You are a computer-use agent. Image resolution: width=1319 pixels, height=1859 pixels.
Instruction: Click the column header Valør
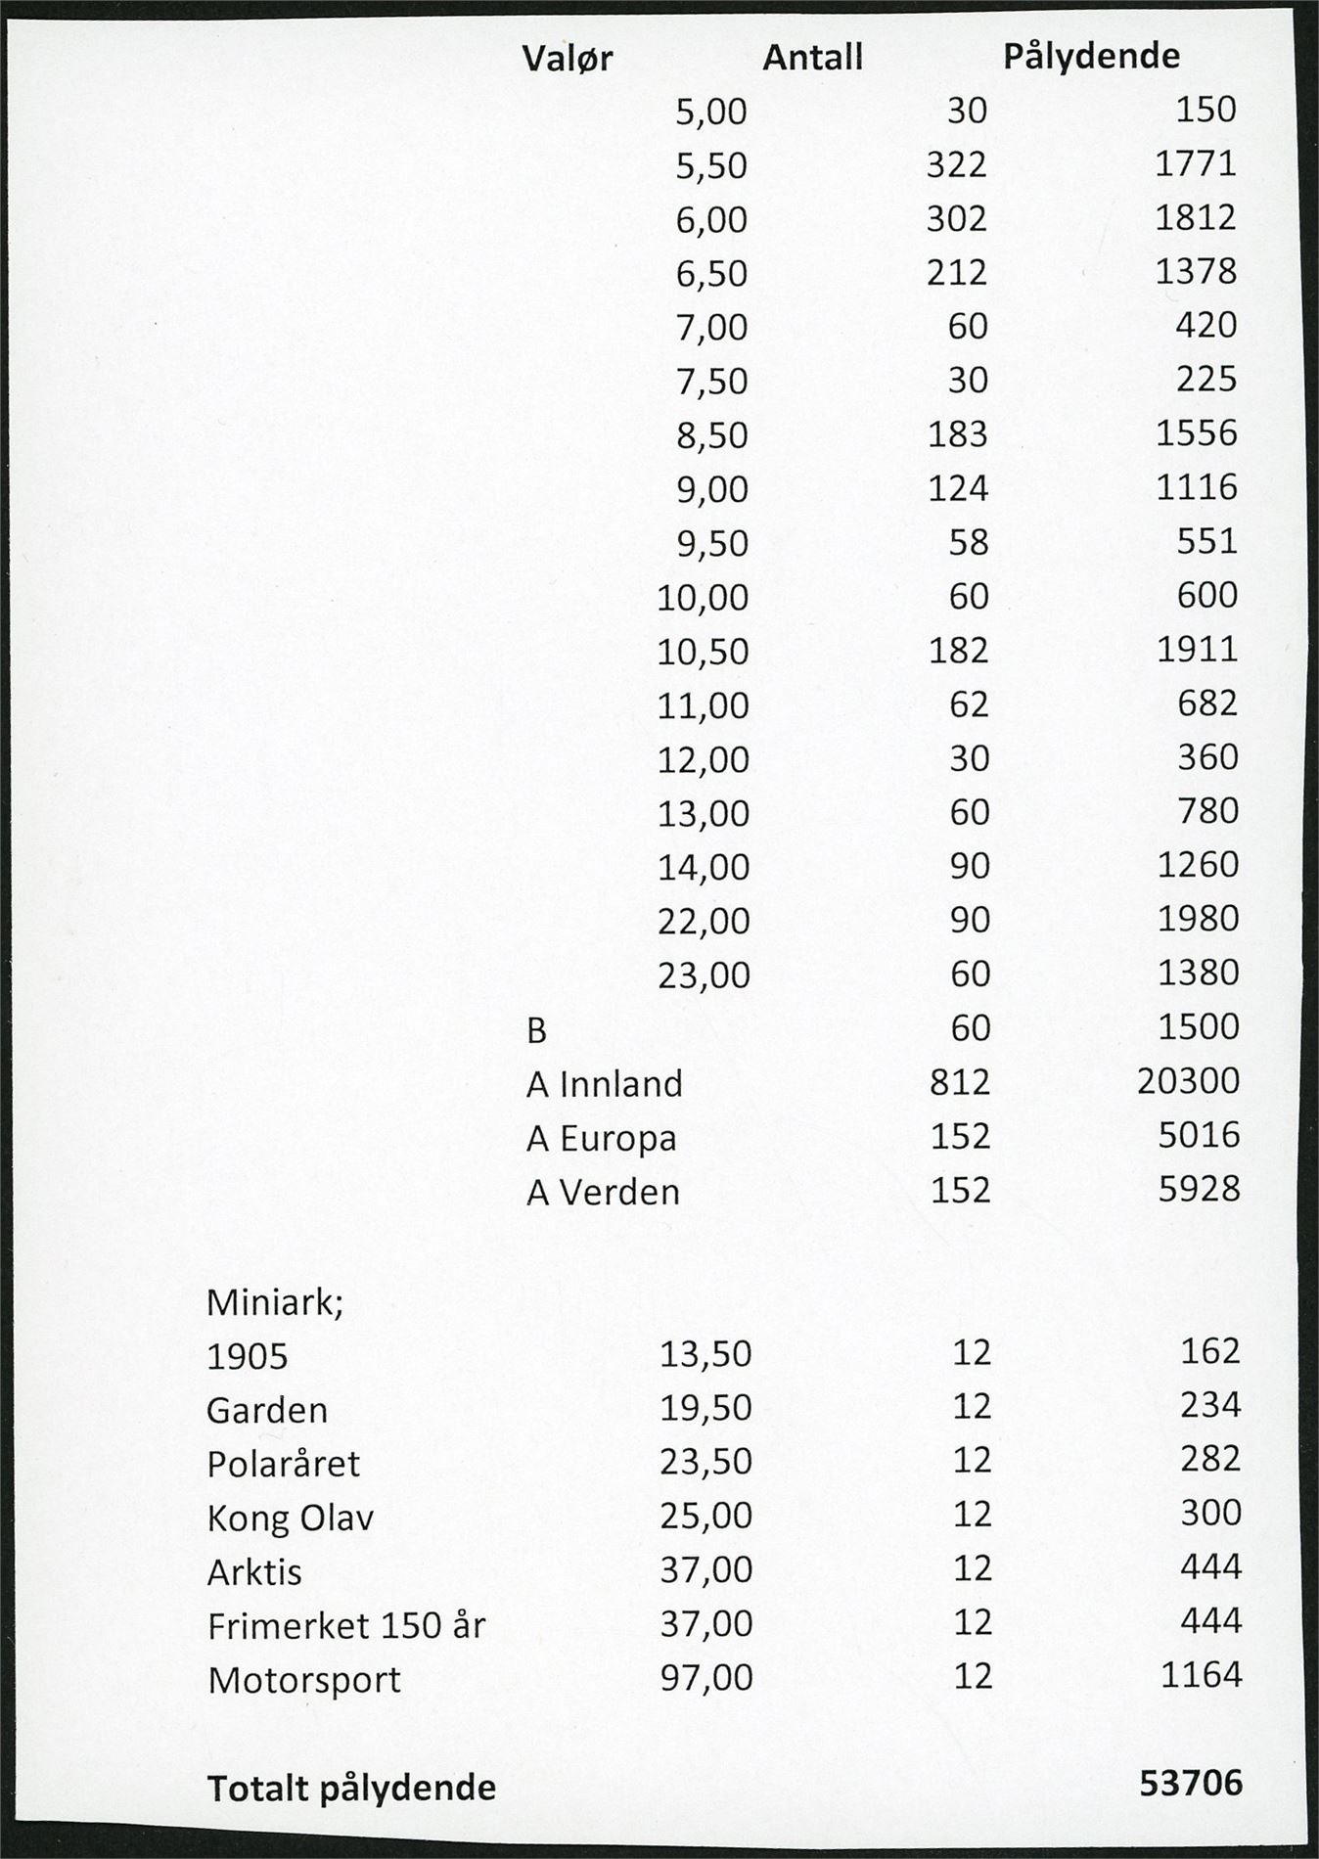coord(567,59)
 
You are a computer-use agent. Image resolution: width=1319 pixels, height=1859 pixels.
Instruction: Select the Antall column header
coord(812,58)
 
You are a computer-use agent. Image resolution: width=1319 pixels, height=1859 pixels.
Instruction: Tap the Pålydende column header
coord(1091,57)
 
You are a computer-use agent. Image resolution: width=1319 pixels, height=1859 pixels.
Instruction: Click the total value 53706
coord(1191,1784)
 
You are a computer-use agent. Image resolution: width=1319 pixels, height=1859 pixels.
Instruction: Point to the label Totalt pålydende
coord(351,1789)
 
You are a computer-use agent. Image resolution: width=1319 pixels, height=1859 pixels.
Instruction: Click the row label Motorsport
coord(304,1680)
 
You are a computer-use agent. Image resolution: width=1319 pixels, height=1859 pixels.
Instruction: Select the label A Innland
coord(604,1084)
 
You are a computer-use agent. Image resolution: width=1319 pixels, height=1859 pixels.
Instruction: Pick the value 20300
coord(1188,1081)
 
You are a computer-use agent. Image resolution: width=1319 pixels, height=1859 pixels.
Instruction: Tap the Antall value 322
coord(956,164)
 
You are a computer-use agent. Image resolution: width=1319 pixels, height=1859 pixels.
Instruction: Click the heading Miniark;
coord(275,1303)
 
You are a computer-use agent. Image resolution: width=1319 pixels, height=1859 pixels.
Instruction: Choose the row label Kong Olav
coord(291,1519)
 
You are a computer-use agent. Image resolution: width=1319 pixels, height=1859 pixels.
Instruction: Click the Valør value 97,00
coord(705,1678)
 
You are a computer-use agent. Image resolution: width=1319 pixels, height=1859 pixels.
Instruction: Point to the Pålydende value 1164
coord(1201,1675)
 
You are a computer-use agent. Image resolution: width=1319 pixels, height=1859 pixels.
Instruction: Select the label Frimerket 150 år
coord(346,1626)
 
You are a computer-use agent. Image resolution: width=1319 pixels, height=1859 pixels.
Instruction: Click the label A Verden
coord(603,1193)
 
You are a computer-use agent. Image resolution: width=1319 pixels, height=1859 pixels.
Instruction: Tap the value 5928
coord(1199,1189)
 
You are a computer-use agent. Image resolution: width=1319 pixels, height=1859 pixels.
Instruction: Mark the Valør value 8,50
coord(711,435)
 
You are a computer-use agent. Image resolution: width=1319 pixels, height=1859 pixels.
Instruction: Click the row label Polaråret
coord(284,1465)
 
